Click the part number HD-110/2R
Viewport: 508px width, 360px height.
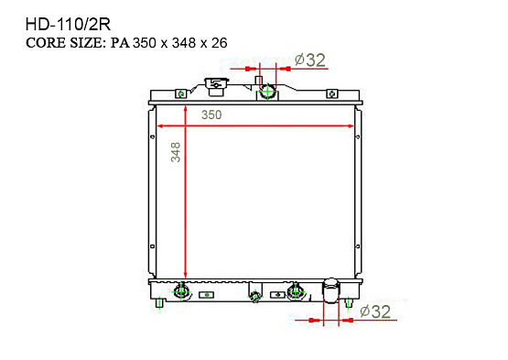68,25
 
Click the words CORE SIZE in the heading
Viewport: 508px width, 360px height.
64,43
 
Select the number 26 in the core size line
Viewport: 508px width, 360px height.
220,43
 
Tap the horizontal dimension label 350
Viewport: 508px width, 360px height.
211,115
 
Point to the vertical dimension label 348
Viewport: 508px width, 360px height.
176,152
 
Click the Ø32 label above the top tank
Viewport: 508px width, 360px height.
310,60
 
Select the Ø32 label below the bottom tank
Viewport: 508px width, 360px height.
375,311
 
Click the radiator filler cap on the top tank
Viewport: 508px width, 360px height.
216,86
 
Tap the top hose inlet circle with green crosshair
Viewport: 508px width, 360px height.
267,93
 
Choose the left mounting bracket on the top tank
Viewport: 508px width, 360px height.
181,93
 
